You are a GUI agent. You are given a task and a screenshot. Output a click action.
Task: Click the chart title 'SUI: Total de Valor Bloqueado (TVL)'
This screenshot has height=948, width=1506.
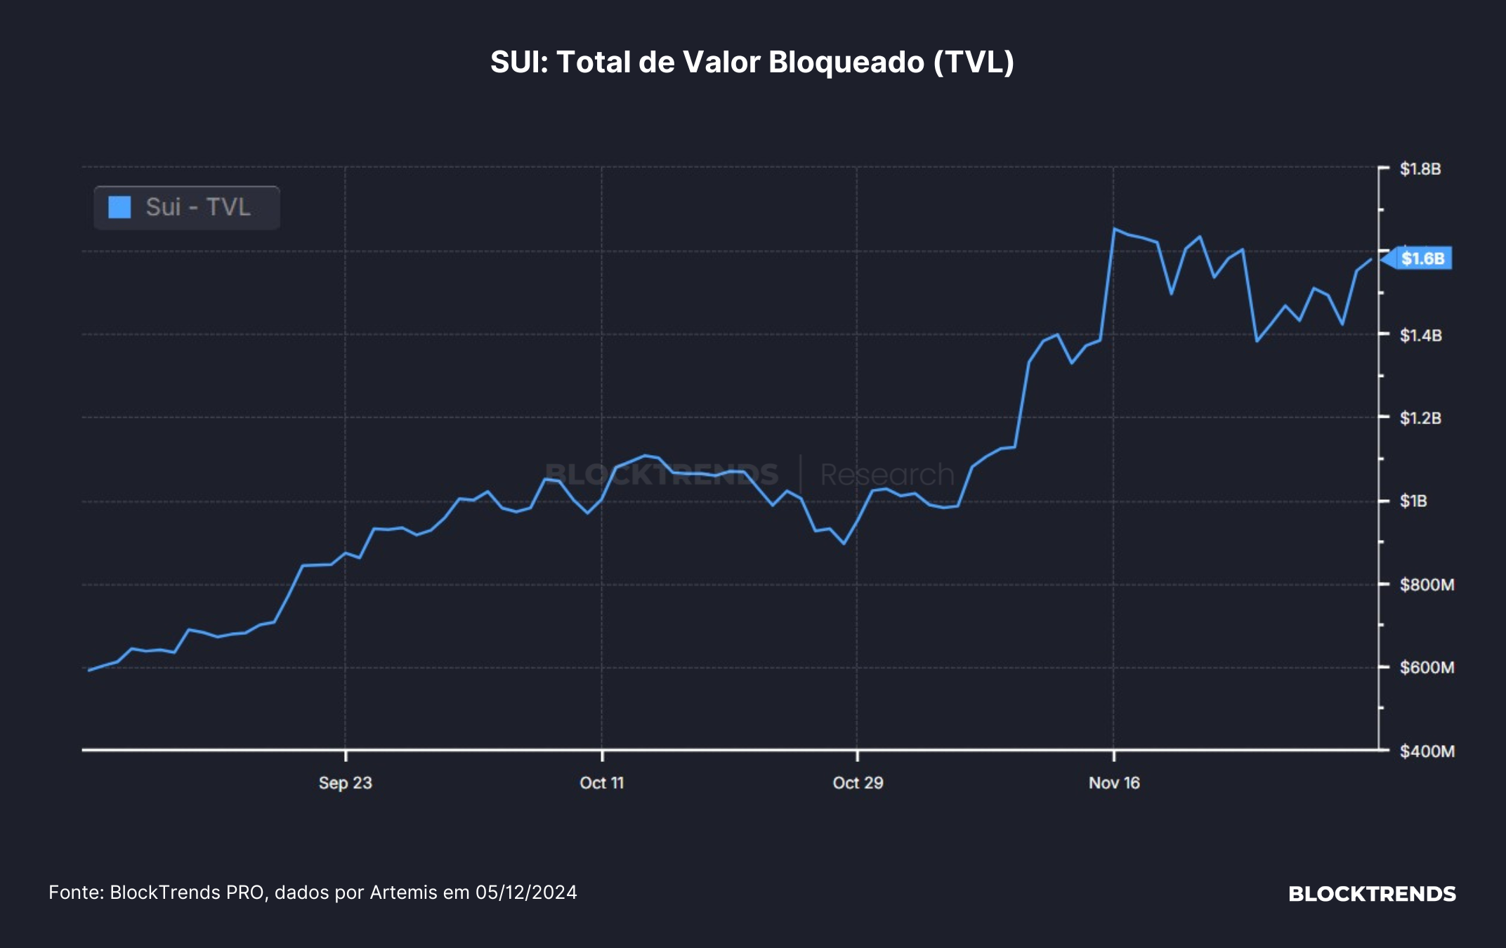[x=752, y=62]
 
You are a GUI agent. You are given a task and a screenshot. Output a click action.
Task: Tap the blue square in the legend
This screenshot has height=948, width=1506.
[x=119, y=207]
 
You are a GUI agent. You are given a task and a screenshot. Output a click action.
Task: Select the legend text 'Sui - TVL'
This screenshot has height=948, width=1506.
[x=198, y=207]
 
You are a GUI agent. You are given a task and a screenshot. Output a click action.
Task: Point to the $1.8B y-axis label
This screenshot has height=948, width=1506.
[x=1420, y=169]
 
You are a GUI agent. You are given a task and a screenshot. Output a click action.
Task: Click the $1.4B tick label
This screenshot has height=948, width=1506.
[x=1420, y=335]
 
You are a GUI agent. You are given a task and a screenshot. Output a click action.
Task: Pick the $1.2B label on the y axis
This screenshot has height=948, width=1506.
[x=1420, y=418]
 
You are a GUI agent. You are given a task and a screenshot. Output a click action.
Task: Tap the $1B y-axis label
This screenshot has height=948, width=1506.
[x=1413, y=501]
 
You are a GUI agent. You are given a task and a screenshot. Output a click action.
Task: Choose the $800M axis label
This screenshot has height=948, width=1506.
[x=1427, y=584]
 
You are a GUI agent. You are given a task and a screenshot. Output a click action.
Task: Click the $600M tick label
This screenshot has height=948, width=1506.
[x=1427, y=667]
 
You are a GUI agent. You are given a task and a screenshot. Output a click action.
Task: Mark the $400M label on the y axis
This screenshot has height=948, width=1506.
[x=1427, y=751]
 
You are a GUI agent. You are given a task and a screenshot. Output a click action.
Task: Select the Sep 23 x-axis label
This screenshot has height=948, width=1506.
[x=345, y=783]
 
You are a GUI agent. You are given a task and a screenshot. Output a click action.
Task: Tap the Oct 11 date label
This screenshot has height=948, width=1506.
[x=602, y=783]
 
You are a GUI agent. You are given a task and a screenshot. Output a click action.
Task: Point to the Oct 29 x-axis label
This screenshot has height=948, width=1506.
[x=858, y=783]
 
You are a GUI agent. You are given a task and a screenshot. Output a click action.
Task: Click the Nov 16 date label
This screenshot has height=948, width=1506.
[x=1114, y=783]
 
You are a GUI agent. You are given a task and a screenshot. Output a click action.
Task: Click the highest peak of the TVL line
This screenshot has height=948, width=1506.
[x=1114, y=228]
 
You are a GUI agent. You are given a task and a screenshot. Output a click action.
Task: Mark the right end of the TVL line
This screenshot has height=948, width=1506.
[x=1370, y=260]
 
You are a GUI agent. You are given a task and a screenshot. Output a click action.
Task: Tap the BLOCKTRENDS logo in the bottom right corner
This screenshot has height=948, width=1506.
[x=1372, y=894]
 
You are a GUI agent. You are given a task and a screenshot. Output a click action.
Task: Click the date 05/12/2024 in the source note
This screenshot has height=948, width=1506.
[x=526, y=893]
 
